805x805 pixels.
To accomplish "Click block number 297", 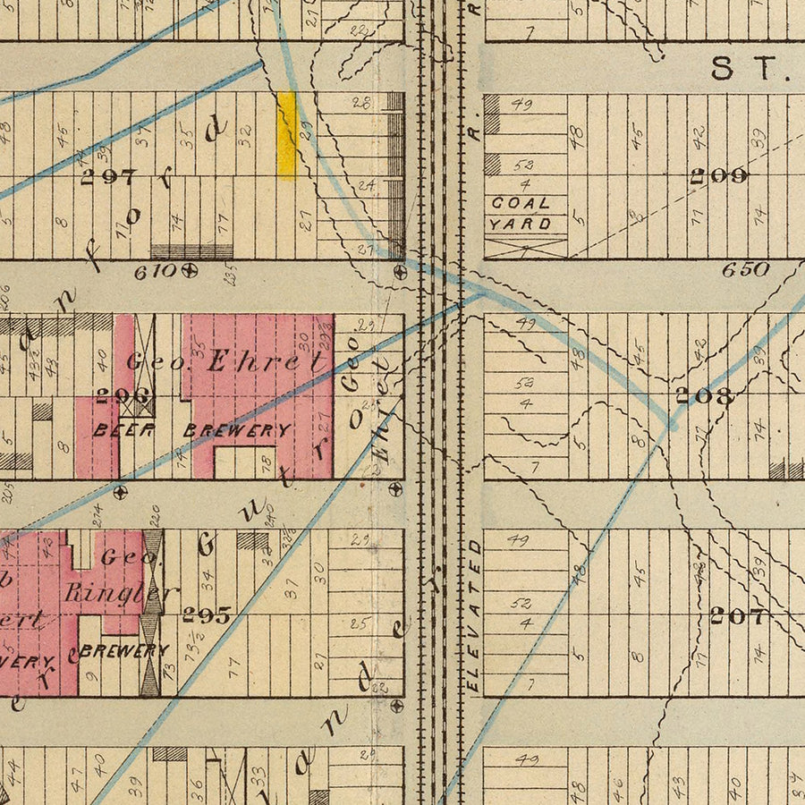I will tap(108, 177).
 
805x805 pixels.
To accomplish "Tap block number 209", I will tap(718, 176).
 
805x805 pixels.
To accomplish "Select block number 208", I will tap(705, 395).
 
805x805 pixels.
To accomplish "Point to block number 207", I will tap(738, 615).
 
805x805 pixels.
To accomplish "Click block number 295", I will tap(207, 615).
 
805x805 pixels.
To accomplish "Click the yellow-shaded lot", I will tap(286, 134).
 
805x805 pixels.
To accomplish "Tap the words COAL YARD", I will tap(521, 214).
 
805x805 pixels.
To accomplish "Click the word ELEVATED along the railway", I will tap(475, 615).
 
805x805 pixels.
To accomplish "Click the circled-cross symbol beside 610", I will tap(190, 269).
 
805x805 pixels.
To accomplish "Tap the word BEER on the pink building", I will tap(124, 430).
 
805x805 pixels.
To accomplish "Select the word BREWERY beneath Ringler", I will tap(123, 651).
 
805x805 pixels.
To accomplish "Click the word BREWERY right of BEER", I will tap(237, 430).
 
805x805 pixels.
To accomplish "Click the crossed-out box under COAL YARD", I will tap(527, 248).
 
